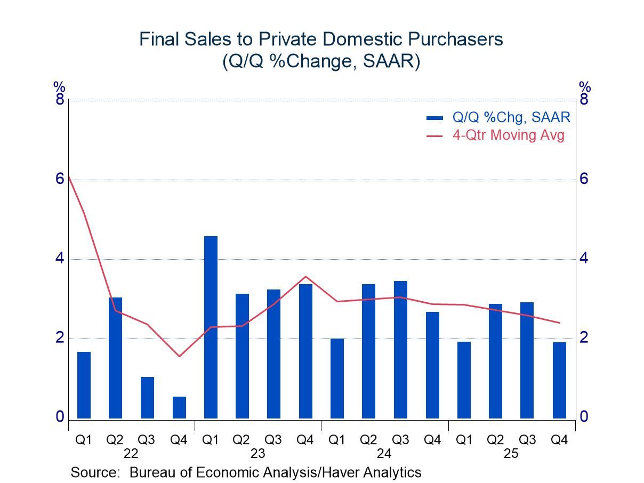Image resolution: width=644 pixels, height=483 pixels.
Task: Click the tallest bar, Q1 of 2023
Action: pyautogui.click(x=211, y=327)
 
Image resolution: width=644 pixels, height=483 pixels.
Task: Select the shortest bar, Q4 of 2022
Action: pyautogui.click(x=179, y=407)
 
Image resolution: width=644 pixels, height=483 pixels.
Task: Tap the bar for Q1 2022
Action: pyautogui.click(x=84, y=385)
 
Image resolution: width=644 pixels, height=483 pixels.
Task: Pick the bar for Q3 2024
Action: pyautogui.click(x=400, y=350)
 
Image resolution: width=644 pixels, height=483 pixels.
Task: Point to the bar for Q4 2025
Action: pyautogui.click(x=559, y=380)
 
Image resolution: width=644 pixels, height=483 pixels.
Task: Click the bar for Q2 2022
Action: pyautogui.click(x=115, y=358)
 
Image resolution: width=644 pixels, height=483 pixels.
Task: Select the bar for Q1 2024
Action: pyautogui.click(x=337, y=379)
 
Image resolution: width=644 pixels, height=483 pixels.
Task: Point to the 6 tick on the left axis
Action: pyautogui.click(x=60, y=179)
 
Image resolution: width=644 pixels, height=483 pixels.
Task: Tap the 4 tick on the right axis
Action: pyautogui.click(x=584, y=259)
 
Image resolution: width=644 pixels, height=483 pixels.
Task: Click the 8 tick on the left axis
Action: pyautogui.click(x=60, y=100)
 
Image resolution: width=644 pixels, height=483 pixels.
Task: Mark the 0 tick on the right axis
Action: pyautogui.click(x=584, y=417)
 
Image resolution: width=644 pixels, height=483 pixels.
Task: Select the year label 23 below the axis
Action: pyautogui.click(x=257, y=454)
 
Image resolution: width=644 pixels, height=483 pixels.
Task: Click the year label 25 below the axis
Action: pyautogui.click(x=511, y=454)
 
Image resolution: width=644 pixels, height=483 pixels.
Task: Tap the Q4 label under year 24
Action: pyautogui.click(x=432, y=440)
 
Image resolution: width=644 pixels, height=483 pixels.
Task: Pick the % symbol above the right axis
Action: pyautogui.click(x=585, y=86)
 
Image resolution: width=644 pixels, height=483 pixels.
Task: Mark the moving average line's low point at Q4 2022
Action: pyautogui.click(x=179, y=356)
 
